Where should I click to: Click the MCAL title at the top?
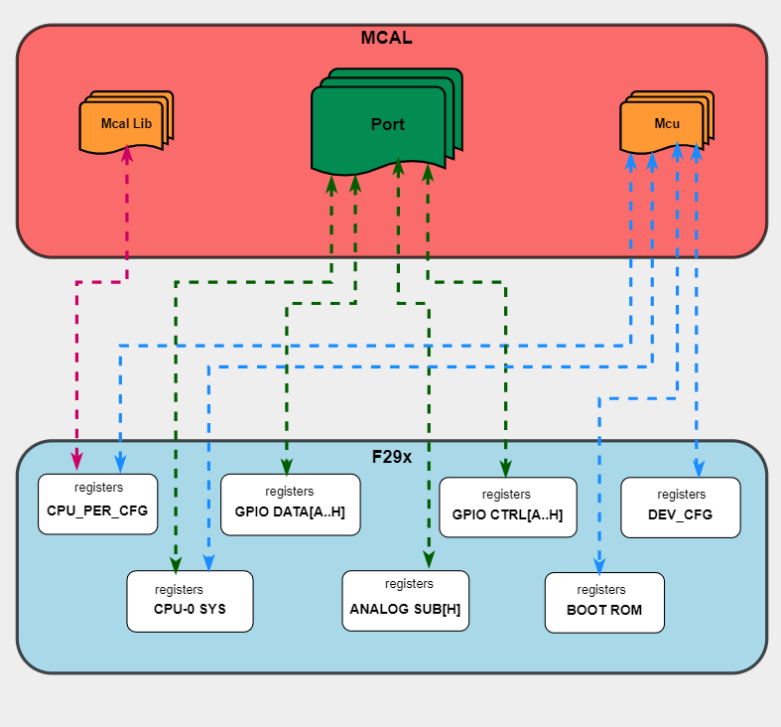click(x=387, y=39)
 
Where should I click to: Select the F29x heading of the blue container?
click(x=392, y=457)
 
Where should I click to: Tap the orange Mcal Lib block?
click(x=125, y=123)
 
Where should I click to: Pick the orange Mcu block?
click(x=665, y=123)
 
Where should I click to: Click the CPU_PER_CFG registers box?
click(x=97, y=504)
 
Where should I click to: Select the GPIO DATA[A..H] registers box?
click(x=290, y=505)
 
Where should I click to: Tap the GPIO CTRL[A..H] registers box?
click(x=507, y=507)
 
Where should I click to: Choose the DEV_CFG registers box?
click(x=680, y=507)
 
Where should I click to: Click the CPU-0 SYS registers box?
click(x=190, y=601)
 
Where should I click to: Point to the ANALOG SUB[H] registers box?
click(x=405, y=600)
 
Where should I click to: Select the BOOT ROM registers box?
click(x=603, y=602)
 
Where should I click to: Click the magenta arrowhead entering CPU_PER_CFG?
click(x=77, y=462)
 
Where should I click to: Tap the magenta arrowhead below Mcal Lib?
click(x=126, y=155)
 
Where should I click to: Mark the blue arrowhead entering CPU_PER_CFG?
click(x=120, y=463)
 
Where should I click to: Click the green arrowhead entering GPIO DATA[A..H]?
click(x=287, y=466)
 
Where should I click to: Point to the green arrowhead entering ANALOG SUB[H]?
click(x=429, y=560)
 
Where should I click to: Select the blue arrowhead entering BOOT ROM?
click(x=599, y=562)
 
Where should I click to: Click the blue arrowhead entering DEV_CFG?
click(x=697, y=467)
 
